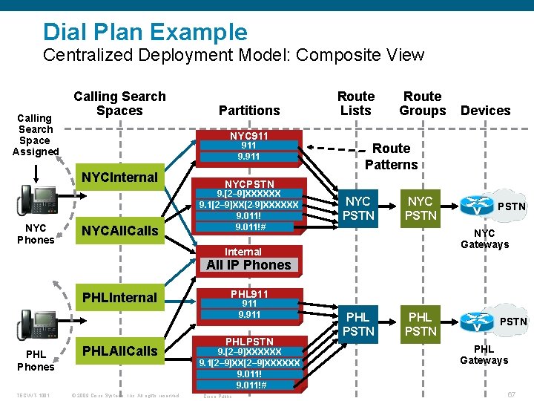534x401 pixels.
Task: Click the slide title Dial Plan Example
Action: (x=145, y=31)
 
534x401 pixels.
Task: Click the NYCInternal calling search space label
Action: (x=119, y=177)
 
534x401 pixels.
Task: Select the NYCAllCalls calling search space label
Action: (x=119, y=230)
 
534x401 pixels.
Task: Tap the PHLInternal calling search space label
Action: (x=119, y=298)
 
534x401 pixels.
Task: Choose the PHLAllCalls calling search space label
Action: (x=119, y=350)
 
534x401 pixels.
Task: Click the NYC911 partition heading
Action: (x=249, y=137)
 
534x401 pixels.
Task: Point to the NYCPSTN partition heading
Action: (x=249, y=183)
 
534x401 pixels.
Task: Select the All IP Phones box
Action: (x=248, y=265)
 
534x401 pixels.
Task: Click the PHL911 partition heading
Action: (x=249, y=294)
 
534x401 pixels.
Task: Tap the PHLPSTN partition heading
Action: (x=249, y=342)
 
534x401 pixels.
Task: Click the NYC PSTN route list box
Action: (x=358, y=208)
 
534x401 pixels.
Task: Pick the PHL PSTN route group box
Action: (x=421, y=324)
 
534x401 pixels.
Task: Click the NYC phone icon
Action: (x=35, y=200)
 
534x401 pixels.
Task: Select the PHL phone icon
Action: (x=35, y=323)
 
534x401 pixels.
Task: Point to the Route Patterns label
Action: (x=391, y=156)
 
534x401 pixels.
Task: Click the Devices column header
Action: (x=485, y=111)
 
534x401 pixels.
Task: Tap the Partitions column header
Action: (x=249, y=111)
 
